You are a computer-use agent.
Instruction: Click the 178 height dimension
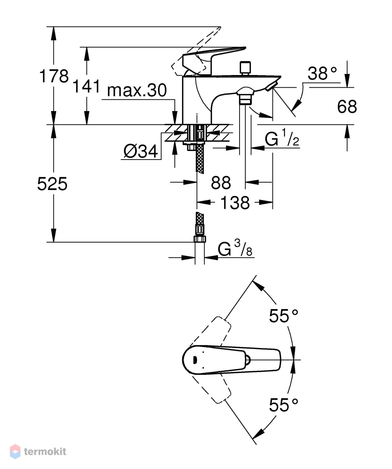[54, 76]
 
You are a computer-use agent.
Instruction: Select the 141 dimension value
[86, 86]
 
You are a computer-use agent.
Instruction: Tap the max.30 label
[137, 90]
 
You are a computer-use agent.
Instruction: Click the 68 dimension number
[347, 106]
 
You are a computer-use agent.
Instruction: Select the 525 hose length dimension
[52, 184]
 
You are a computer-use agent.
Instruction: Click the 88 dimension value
[221, 183]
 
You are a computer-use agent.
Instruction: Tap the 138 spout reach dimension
[235, 203]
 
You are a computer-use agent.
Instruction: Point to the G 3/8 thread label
[235, 248]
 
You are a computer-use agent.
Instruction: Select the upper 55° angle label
[283, 316]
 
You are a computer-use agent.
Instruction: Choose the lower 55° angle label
[283, 405]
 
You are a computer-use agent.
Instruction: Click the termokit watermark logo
[38, 451]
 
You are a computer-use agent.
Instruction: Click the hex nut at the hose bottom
[200, 239]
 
